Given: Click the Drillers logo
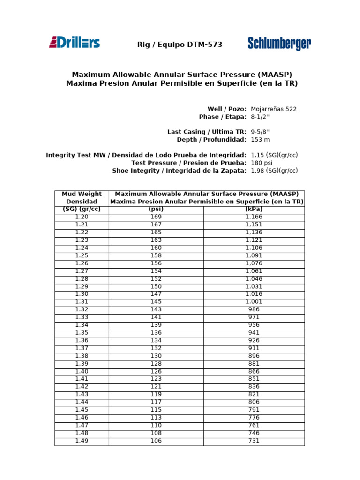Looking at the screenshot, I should point(75,43).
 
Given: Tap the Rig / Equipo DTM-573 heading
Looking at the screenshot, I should point(180,45).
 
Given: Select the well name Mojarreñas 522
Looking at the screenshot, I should point(274,109).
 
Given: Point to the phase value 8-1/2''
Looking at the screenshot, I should point(261,117).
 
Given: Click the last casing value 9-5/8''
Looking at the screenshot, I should point(261,132).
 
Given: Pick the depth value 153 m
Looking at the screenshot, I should point(260,140).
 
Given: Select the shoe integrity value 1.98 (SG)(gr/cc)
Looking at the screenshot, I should point(274,171).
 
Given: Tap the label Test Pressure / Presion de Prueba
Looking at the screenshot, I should point(189,163).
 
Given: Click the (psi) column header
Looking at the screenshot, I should point(156,209).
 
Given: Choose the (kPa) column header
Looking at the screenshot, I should point(254,209).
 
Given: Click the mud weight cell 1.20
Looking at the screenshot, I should point(82,217).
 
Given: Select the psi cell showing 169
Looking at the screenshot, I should point(156,217).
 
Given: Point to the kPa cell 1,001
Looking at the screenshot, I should point(254,302).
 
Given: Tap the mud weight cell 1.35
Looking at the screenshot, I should point(82,333).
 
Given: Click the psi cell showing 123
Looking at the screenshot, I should point(156,379).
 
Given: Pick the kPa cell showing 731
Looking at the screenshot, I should point(254,441).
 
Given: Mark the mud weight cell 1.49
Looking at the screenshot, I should point(82,441).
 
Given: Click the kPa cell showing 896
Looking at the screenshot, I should point(254,356).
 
